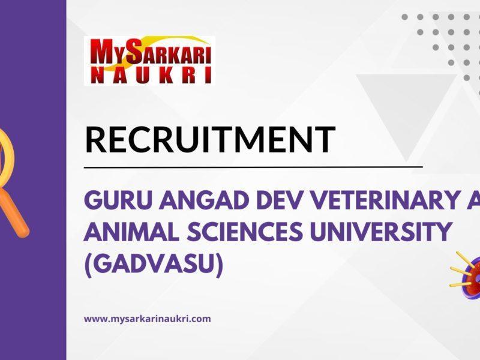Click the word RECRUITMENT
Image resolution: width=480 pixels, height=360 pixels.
click(209, 139)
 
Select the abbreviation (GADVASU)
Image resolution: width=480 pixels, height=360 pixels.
click(154, 265)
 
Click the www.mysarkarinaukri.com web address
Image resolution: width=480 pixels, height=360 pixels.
click(147, 319)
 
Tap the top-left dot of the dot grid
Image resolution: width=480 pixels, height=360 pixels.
click(405, 17)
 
